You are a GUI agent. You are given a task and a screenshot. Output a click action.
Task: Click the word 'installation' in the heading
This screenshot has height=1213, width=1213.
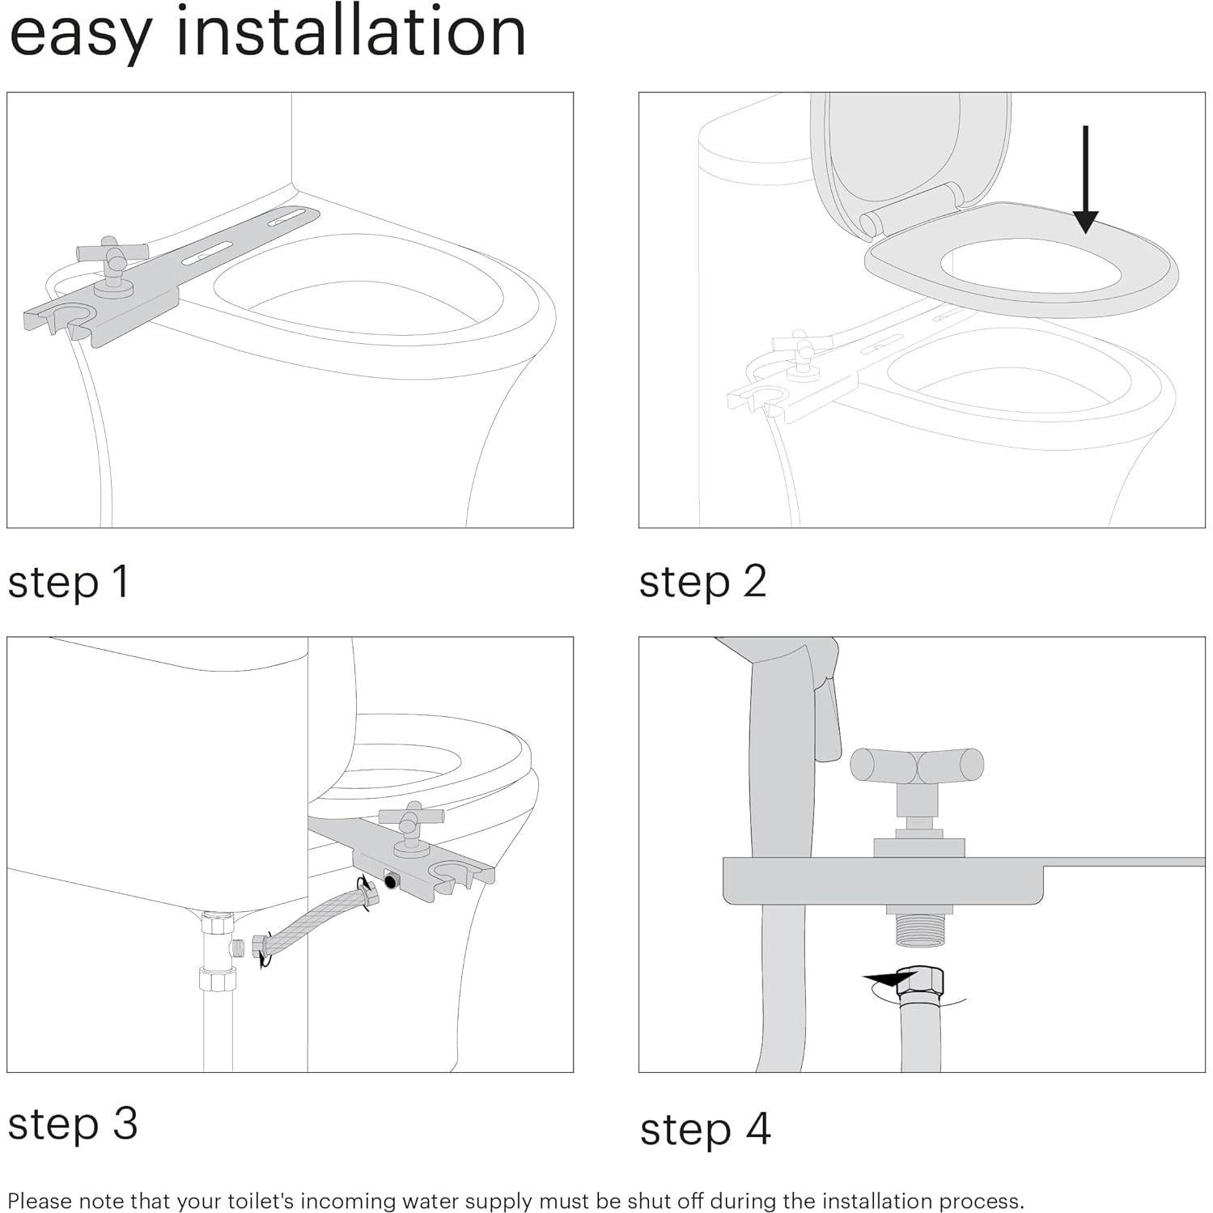coord(350,32)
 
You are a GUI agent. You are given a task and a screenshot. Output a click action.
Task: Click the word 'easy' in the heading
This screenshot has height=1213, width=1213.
coord(81,36)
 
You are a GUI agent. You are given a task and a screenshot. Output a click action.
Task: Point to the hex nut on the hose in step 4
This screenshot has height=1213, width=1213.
coord(922,982)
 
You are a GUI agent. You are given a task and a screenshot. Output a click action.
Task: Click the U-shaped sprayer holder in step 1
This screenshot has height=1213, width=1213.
coord(64,316)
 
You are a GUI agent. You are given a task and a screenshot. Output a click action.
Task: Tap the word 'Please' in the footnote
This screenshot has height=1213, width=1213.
coord(39,1200)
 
